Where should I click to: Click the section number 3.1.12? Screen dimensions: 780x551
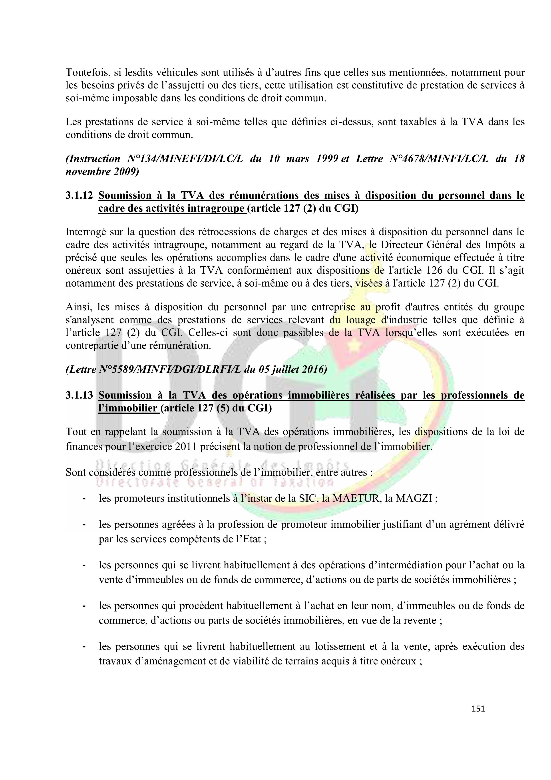79,195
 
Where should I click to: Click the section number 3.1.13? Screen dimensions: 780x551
79,395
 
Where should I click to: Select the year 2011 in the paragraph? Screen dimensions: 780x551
186,446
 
